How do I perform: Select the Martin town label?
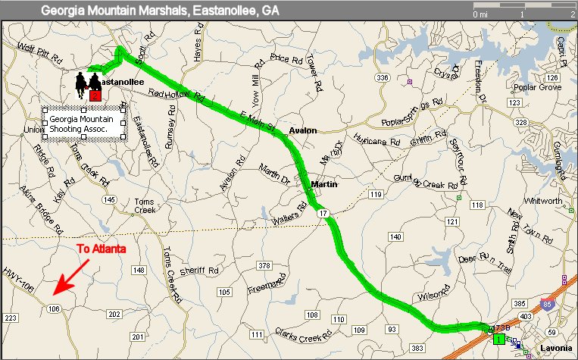coord(323,184)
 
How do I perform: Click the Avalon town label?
coord(302,131)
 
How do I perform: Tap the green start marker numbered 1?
coord(498,338)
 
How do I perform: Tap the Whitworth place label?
coord(544,201)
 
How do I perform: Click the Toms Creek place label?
coord(144,206)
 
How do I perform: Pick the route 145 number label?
coord(111,199)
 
